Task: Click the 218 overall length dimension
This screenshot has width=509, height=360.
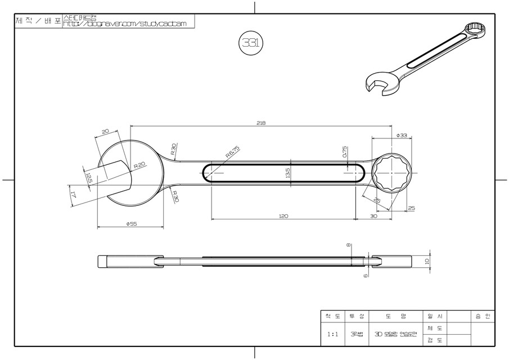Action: tap(260, 123)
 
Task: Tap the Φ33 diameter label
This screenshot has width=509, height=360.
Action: tap(402, 136)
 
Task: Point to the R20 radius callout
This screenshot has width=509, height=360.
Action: tap(139, 166)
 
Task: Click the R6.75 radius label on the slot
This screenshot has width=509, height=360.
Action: tap(232, 152)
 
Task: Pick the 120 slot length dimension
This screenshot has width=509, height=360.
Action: tap(283, 215)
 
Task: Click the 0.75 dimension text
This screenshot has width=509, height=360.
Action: tap(344, 152)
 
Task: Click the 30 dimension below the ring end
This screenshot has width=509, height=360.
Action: tap(373, 215)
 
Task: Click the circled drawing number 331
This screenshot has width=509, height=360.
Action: tap(248, 43)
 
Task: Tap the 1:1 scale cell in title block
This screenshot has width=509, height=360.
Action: tap(333, 334)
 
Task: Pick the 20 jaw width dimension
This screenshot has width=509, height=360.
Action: tap(105, 132)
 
